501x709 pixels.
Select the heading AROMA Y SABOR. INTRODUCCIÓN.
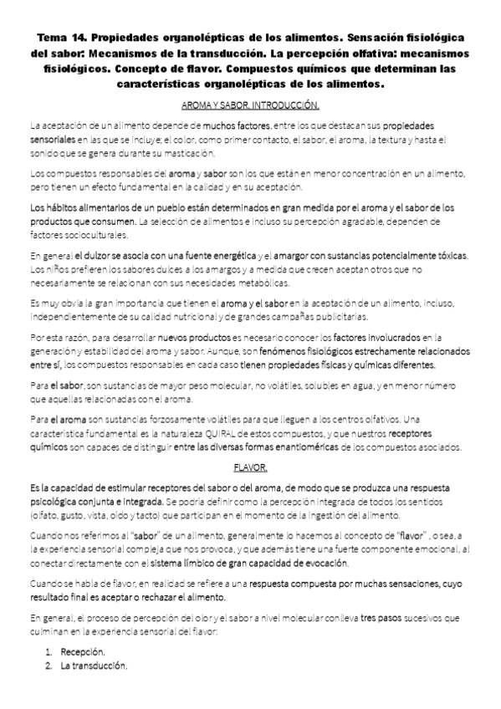[x=250, y=106]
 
